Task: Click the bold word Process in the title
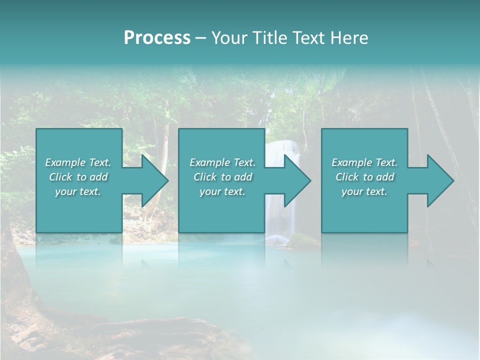click(157, 38)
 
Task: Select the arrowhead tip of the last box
click(453, 180)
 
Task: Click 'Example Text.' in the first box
click(78, 162)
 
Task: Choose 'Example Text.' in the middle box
click(222, 162)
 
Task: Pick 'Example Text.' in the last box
click(364, 162)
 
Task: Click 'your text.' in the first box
click(78, 191)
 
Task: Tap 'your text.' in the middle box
click(222, 191)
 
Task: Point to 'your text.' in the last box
click(364, 191)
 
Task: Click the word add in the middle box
click(243, 177)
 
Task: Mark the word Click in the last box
click(347, 177)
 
